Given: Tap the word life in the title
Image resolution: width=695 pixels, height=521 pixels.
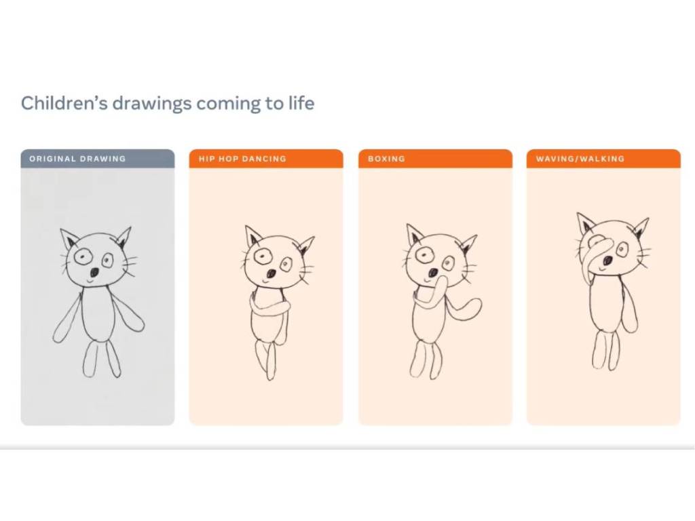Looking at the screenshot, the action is (302, 103).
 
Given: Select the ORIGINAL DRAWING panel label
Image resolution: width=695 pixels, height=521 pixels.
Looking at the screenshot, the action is (77, 159).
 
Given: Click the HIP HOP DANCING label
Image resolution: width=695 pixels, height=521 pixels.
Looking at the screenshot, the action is (242, 159).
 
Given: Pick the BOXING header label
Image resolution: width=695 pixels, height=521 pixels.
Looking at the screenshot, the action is (386, 159).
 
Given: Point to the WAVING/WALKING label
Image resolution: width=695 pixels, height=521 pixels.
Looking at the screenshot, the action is (580, 159).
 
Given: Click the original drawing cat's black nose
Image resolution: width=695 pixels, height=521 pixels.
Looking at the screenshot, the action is (94, 271).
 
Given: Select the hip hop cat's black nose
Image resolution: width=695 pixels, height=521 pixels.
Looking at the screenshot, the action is (271, 273).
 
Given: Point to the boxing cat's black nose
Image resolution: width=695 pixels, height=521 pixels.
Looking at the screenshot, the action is (433, 271).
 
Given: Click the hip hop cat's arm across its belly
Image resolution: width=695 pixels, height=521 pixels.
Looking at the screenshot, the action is (270, 307).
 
